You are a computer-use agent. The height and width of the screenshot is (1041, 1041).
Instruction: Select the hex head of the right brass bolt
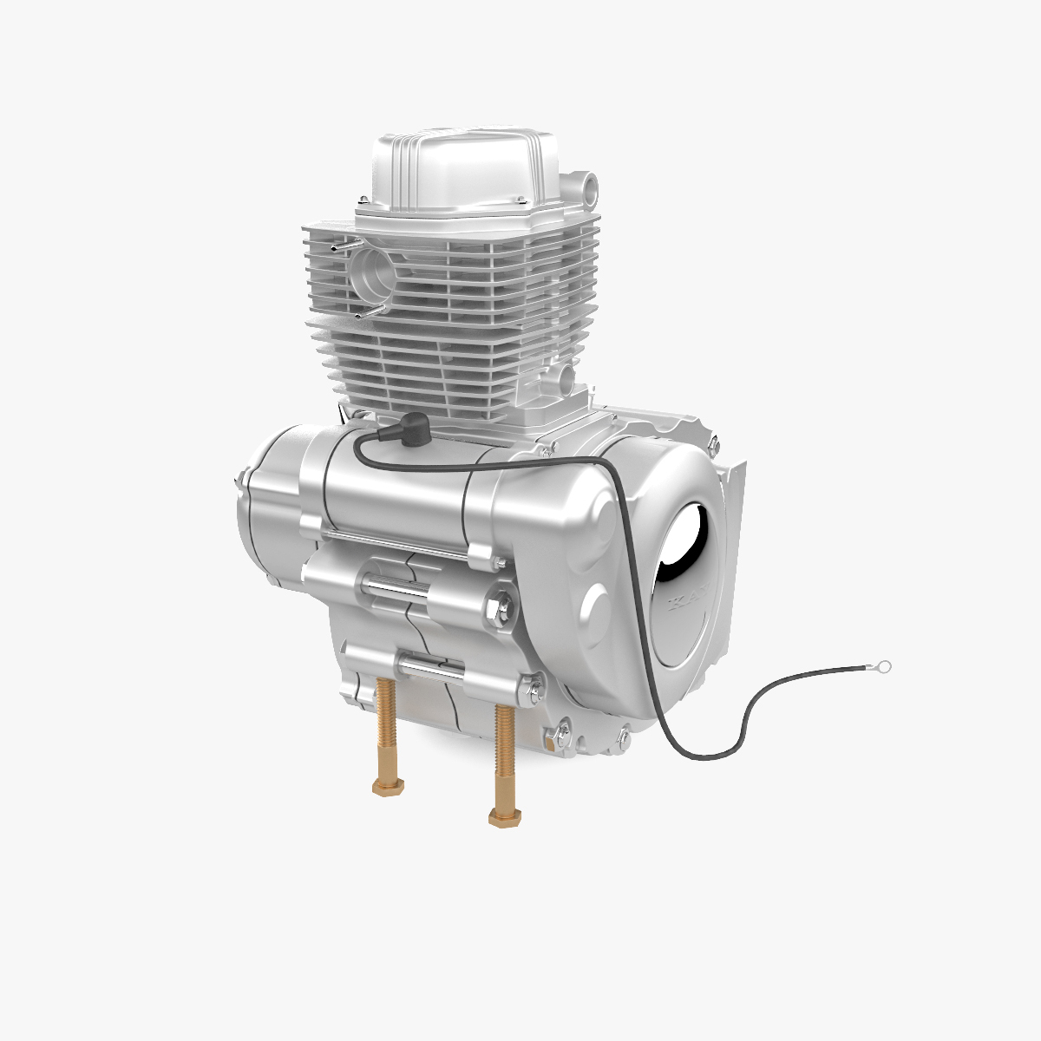[501, 816]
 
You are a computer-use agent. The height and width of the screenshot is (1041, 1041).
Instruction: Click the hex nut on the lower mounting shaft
[530, 691]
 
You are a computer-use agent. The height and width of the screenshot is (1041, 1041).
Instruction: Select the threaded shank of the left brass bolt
[384, 729]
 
